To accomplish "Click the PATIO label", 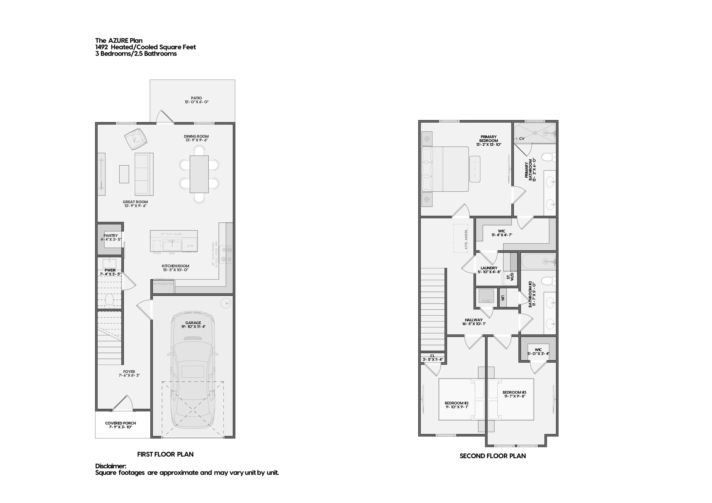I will (196, 98).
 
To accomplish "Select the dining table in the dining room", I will (199, 174).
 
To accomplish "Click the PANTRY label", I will (111, 235).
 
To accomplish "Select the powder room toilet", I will (109, 300).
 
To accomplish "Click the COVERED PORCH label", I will (120, 423).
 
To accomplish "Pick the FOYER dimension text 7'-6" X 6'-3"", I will (129, 375).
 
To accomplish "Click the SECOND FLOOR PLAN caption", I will (492, 456).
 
